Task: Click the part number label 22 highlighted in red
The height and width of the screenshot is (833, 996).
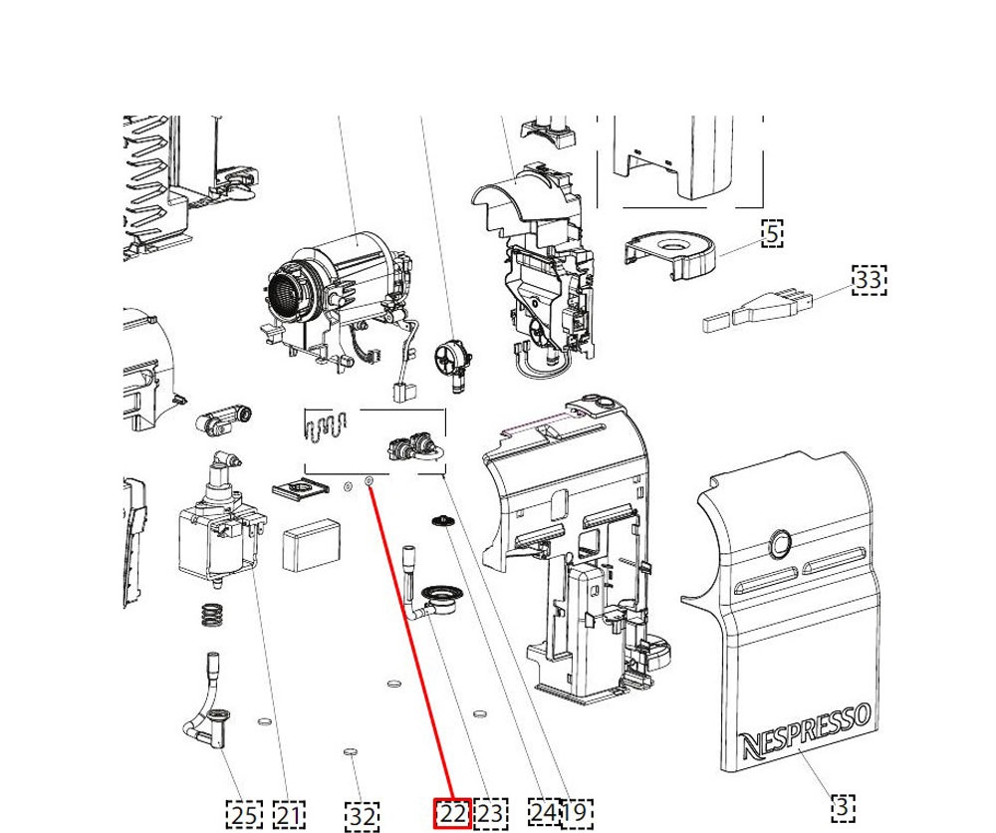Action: coord(452,814)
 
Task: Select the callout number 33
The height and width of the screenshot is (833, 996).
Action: coord(869,280)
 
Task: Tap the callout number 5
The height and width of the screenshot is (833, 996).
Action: coord(772,233)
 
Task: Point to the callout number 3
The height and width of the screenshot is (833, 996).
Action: coord(843,805)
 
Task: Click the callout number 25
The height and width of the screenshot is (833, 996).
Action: coord(244,815)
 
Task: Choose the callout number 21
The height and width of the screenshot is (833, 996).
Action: coord(288,815)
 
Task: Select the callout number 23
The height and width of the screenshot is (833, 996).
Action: coord(489,814)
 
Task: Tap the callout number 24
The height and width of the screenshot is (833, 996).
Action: coord(543,814)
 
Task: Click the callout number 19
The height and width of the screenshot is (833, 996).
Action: coord(575,814)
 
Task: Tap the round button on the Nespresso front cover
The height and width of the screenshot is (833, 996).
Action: coord(778,544)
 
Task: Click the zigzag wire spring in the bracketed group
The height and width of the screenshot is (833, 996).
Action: coord(324,425)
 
